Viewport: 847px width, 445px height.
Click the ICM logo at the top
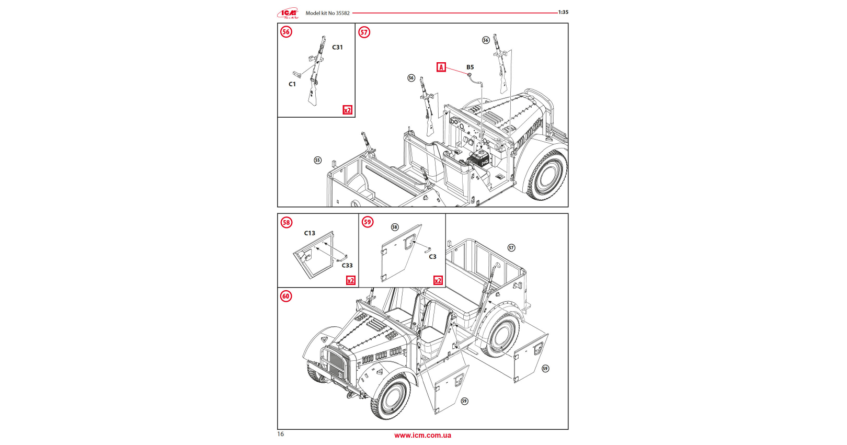[x=288, y=13]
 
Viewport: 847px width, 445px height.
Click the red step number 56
[x=286, y=32]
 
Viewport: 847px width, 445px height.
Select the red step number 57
[x=364, y=32]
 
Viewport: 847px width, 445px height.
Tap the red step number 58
[x=286, y=222]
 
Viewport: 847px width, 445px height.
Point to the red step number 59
[x=368, y=222]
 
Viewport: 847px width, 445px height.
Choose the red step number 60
[x=286, y=296]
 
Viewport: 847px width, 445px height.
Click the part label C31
[x=337, y=47]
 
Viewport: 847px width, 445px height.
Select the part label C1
[x=292, y=84]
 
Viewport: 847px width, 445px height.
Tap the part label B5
[x=470, y=67]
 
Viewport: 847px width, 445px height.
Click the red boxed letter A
[x=441, y=67]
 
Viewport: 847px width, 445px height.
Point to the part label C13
[x=310, y=233]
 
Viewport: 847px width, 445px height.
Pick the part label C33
[x=347, y=265]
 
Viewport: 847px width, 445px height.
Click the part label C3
[x=432, y=257]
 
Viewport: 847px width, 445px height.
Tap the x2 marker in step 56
[x=347, y=110]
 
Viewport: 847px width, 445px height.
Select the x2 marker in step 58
[x=351, y=281]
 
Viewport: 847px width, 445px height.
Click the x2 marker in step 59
[x=438, y=281]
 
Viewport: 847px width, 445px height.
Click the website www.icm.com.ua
[x=422, y=435]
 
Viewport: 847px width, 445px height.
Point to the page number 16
[x=281, y=434]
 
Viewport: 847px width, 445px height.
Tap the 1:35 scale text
[x=563, y=12]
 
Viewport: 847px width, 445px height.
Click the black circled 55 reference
[x=317, y=160]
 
